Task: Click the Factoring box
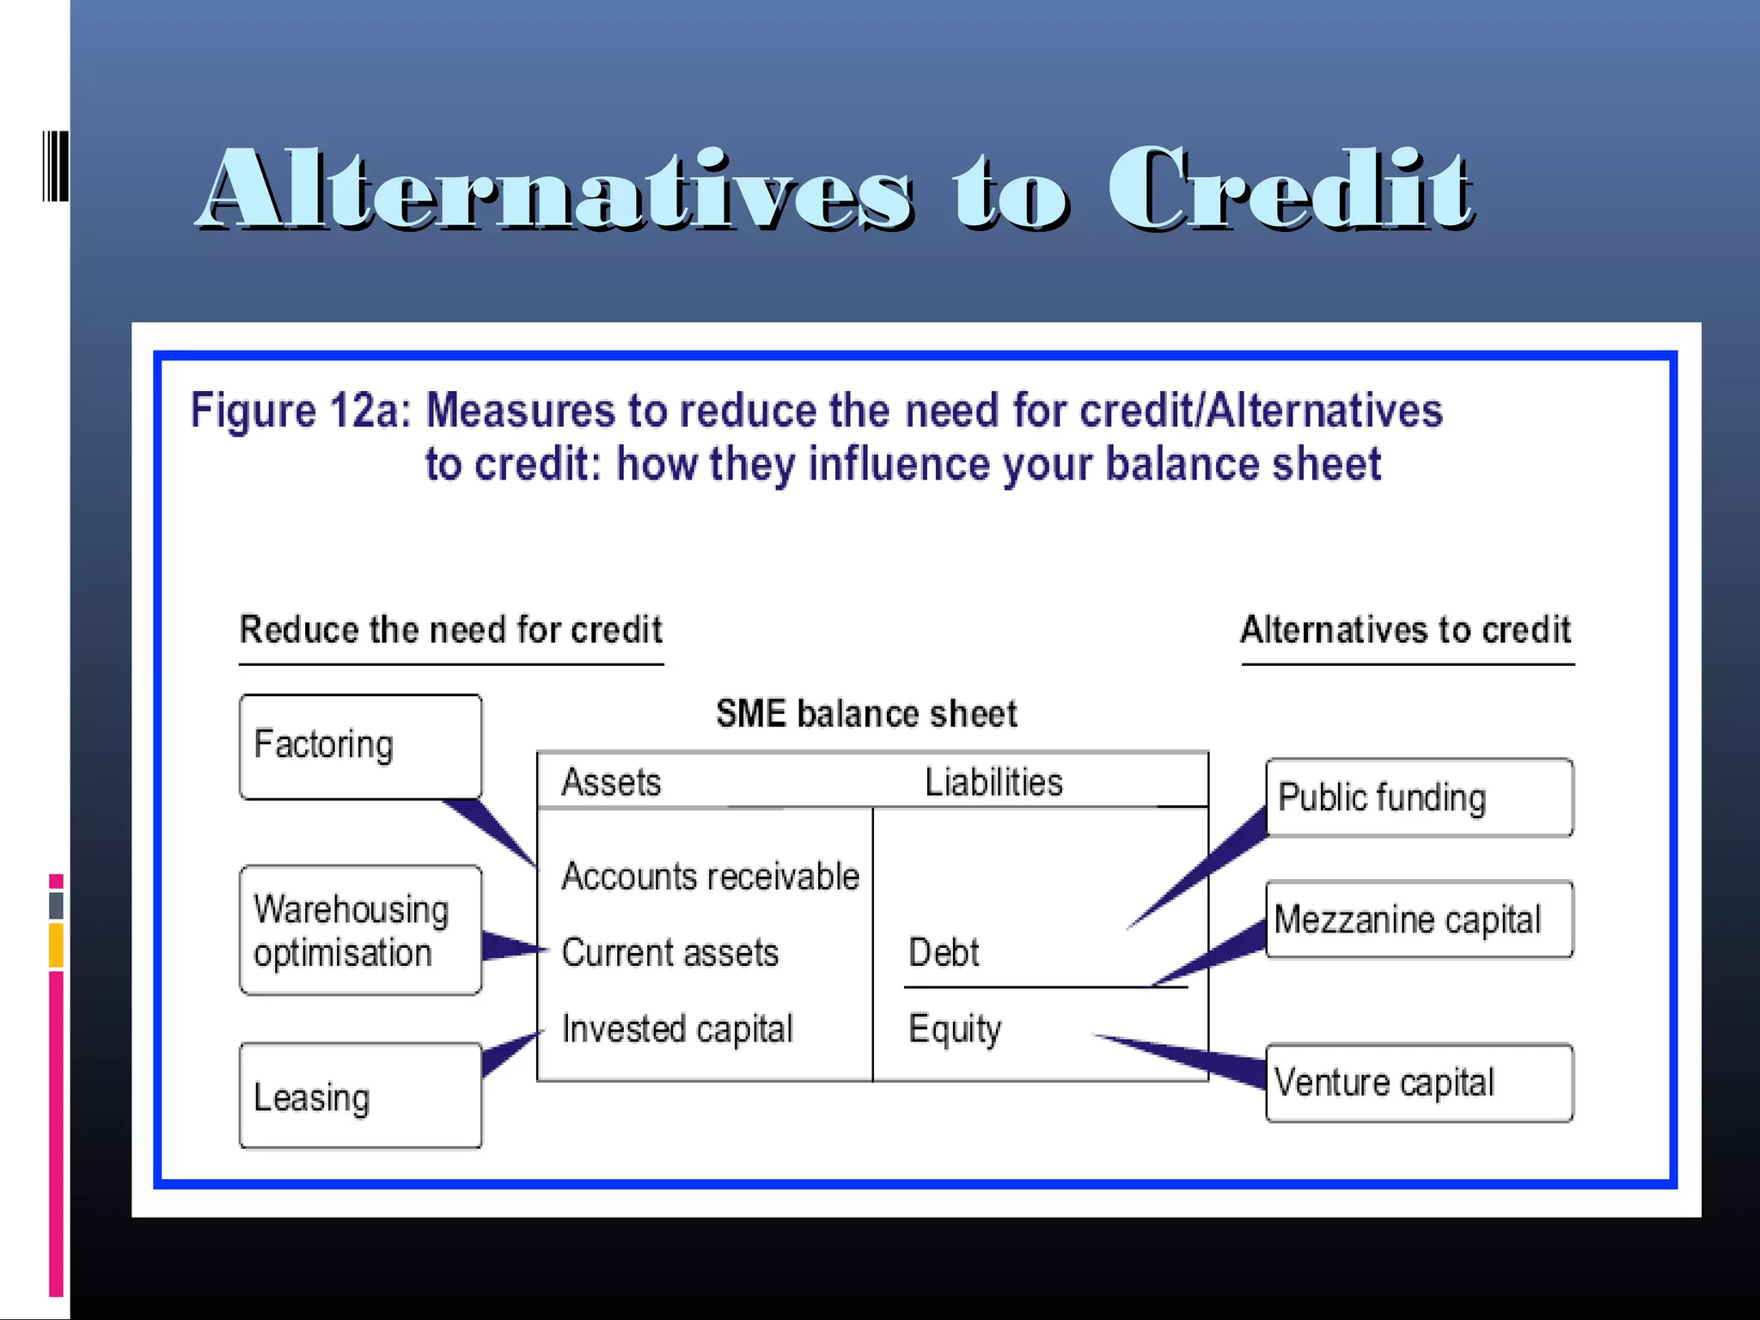point(360,746)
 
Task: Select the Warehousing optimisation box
point(360,930)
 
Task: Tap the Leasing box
point(360,1096)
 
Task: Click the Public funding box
point(1419,797)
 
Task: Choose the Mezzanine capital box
point(1419,920)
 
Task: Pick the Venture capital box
point(1419,1083)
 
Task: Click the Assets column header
point(611,782)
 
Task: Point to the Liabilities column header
point(993,782)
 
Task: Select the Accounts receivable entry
point(710,877)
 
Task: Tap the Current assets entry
point(670,953)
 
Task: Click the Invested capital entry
point(677,1029)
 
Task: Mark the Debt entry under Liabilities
point(944,953)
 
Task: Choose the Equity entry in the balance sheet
point(955,1029)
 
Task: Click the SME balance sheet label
point(866,714)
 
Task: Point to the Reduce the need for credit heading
point(451,630)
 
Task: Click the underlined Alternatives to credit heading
point(1406,630)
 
